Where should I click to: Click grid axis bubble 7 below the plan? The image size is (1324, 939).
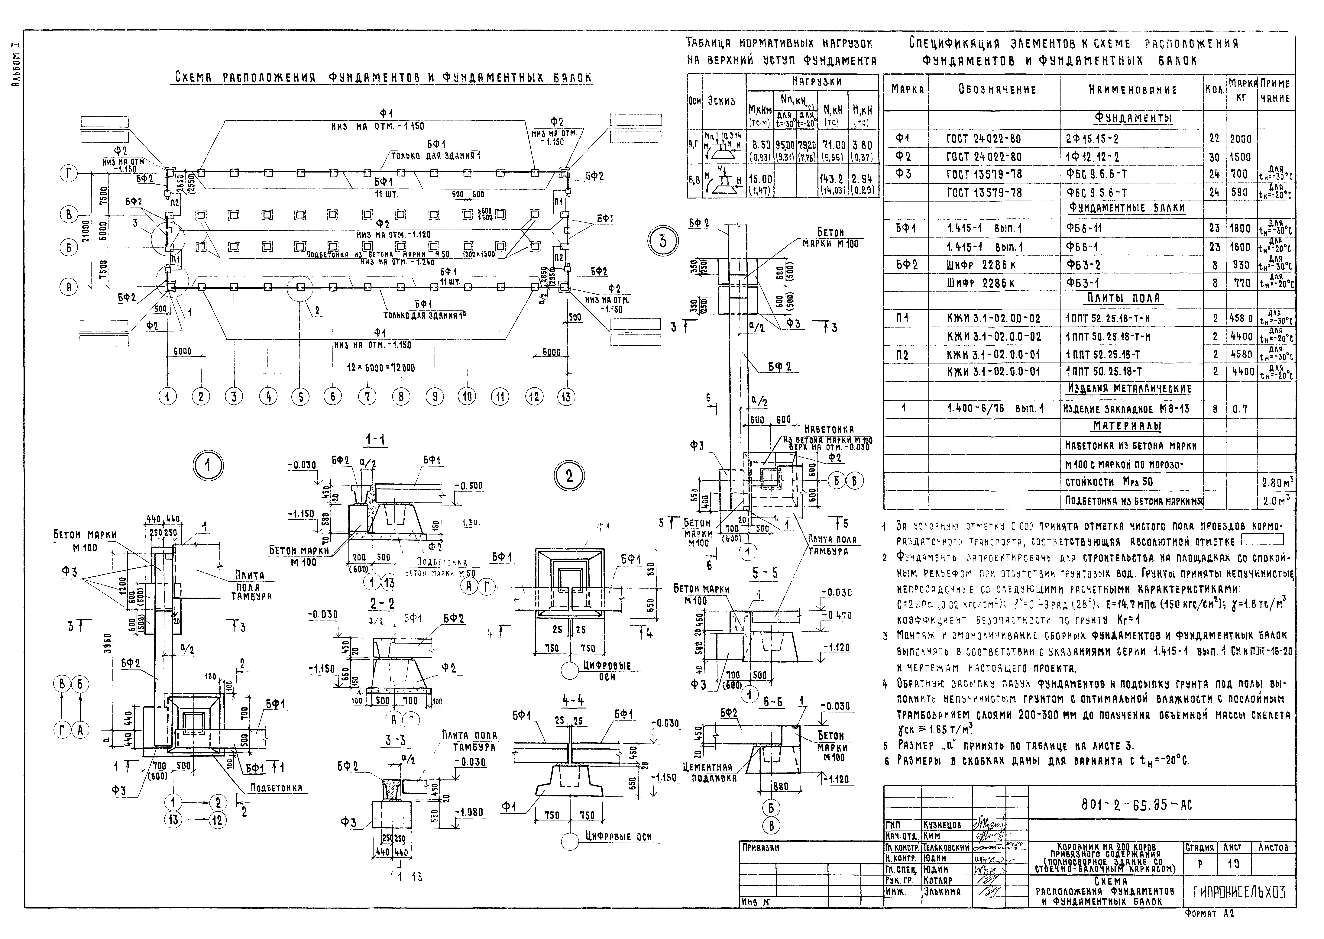367,397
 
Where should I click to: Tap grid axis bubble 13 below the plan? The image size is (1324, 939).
566,397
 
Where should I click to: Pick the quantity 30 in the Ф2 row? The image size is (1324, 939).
1214,157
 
